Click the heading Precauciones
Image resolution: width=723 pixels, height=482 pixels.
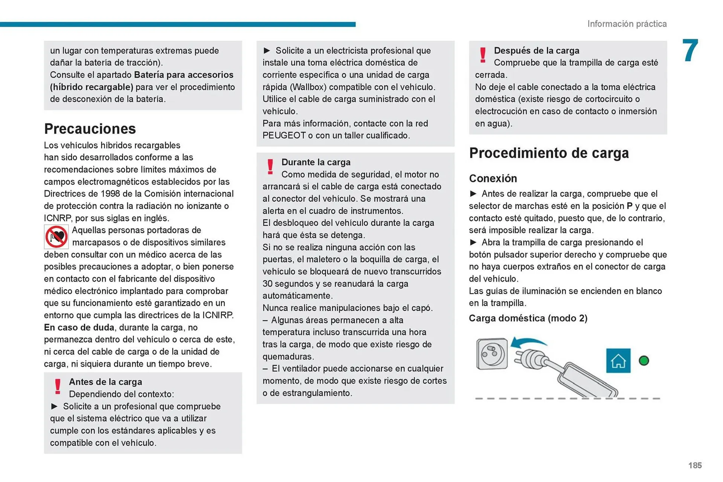[x=90, y=129]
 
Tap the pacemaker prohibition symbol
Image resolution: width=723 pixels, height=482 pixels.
[x=56, y=237]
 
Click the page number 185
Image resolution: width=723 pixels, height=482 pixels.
[x=695, y=465]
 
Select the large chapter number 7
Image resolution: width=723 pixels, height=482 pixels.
[x=690, y=51]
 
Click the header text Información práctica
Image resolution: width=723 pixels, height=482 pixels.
[x=627, y=24]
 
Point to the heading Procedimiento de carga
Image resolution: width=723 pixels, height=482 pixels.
[x=549, y=153]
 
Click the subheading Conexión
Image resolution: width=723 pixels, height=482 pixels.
[x=493, y=178]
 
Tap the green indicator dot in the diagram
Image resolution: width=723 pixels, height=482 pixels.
[x=644, y=361]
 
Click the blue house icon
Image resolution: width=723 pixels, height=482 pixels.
[x=618, y=361]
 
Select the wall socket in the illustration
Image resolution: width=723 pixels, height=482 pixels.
[x=491, y=354]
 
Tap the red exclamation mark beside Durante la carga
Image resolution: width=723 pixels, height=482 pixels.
[x=270, y=167]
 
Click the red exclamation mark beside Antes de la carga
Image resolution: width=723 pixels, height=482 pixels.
[x=58, y=386]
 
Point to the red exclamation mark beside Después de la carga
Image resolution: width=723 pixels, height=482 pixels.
[x=483, y=55]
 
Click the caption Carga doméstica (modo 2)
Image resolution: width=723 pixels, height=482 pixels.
[x=528, y=318]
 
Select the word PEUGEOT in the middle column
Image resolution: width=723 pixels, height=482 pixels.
[x=284, y=135]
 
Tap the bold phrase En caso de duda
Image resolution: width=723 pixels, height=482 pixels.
[x=79, y=327]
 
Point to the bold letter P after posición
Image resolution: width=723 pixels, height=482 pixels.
[x=630, y=206]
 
